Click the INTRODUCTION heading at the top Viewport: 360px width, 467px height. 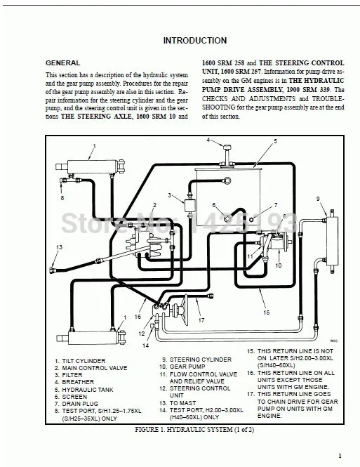point(189,41)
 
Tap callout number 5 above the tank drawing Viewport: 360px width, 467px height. point(275,141)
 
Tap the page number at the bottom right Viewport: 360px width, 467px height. point(339,454)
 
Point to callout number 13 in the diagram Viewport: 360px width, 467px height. point(60,247)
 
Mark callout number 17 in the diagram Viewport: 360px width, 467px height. point(201,321)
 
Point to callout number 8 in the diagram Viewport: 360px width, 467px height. point(62,198)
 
